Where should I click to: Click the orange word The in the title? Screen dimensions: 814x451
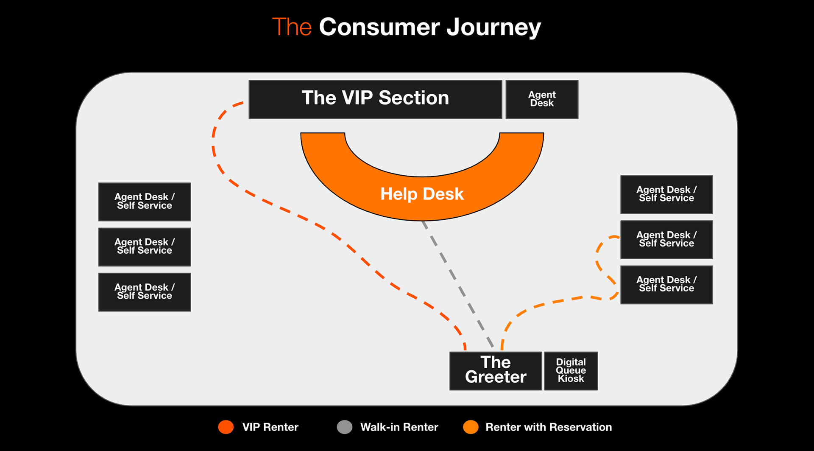[292, 27]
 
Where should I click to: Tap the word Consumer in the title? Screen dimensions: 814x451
[379, 27]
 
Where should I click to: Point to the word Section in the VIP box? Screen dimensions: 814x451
[414, 98]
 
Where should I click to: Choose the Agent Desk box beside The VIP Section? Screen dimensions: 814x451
[542, 99]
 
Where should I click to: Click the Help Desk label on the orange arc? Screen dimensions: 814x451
[422, 194]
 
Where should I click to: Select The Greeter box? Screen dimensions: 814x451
[496, 371]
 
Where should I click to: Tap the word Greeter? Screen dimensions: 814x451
[496, 377]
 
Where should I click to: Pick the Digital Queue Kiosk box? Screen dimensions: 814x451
[571, 371]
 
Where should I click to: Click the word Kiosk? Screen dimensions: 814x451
[571, 378]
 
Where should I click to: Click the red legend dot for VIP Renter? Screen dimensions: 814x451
[226, 427]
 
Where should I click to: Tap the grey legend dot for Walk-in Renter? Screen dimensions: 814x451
[345, 427]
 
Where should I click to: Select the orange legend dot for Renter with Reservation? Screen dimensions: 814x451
[471, 427]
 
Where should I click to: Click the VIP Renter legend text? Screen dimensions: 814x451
[270, 427]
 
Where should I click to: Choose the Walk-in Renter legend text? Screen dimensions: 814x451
[399, 427]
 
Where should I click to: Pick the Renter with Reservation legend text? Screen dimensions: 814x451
[549, 427]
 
